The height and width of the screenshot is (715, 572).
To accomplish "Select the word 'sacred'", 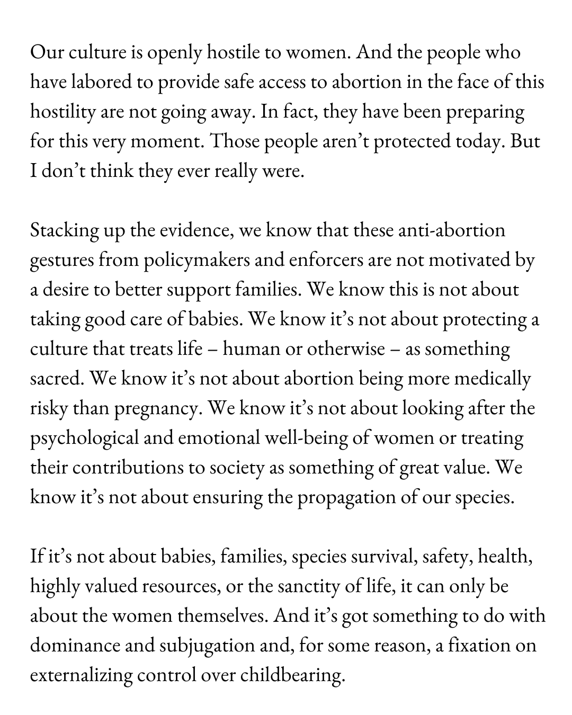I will pyautogui.click(x=57, y=379).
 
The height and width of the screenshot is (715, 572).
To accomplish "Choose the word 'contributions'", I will pyautogui.click(x=127, y=468).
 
